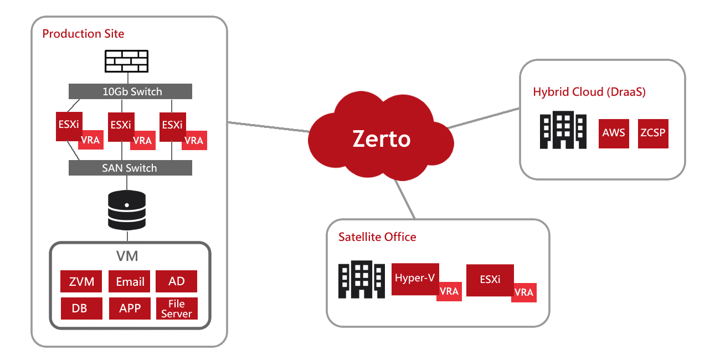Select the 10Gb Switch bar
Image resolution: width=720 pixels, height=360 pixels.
[x=130, y=91]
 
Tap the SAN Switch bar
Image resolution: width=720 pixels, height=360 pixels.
[x=130, y=168]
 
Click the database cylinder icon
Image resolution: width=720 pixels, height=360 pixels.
[x=127, y=210]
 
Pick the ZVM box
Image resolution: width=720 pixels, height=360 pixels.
[x=81, y=281]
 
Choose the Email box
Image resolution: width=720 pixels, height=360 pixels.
[x=130, y=281]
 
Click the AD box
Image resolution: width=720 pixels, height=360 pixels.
[x=176, y=281]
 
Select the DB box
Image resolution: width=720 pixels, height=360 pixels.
[x=81, y=308]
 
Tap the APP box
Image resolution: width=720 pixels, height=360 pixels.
[x=130, y=308]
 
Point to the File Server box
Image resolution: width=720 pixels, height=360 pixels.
[x=176, y=308]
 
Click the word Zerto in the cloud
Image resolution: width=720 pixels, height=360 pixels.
[x=382, y=139]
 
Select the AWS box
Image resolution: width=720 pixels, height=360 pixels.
[x=614, y=133]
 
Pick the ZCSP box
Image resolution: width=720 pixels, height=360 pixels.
[x=653, y=133]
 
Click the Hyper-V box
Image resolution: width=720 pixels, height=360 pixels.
[x=415, y=278]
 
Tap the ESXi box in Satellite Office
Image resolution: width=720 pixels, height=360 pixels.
[x=490, y=280]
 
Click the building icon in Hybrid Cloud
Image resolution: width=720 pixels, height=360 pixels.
[x=563, y=130]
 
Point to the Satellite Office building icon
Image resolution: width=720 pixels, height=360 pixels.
[x=362, y=280]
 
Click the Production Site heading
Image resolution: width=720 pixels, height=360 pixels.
[x=83, y=34]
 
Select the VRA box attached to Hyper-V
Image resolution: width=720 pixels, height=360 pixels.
[x=449, y=291]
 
